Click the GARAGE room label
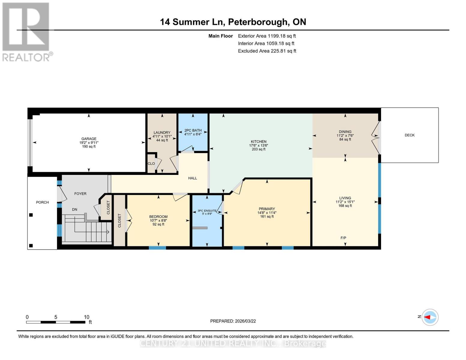click(x=89, y=139)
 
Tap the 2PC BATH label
click(x=193, y=130)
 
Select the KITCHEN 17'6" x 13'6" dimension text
click(x=258, y=145)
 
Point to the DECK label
click(x=409, y=135)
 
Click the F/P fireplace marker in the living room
click(x=343, y=238)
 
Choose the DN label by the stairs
click(x=74, y=209)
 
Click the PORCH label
click(x=42, y=202)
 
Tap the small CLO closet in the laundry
click(x=151, y=163)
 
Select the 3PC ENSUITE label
click(x=207, y=211)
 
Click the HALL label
click(x=192, y=178)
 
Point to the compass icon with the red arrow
click(x=430, y=317)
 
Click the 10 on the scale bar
click(x=86, y=317)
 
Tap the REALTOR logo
click(x=26, y=31)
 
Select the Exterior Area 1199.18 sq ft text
click(x=267, y=36)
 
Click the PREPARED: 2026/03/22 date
click(x=233, y=321)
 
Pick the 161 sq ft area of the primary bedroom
click(x=267, y=217)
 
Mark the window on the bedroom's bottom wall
click(x=158, y=248)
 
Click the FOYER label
click(x=80, y=194)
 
